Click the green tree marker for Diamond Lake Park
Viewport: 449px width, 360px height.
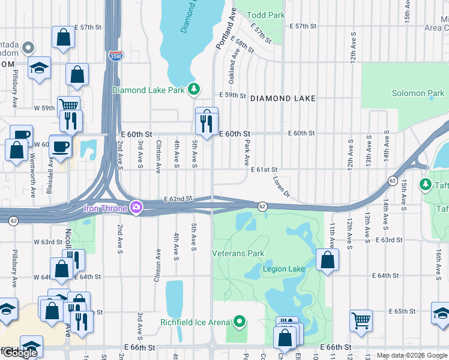tap(193, 89)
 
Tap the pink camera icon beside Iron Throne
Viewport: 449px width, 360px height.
tap(136, 208)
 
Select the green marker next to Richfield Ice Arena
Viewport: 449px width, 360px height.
tap(240, 322)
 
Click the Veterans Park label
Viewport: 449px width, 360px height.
tap(238, 253)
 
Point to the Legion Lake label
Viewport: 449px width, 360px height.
tap(283, 269)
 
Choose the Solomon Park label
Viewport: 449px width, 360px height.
tap(418, 93)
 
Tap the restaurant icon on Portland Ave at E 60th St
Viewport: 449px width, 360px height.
tap(206, 123)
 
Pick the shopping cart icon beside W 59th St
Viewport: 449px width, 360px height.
tap(68, 105)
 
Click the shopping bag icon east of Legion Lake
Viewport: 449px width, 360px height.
tap(327, 260)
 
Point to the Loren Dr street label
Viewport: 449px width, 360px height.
tap(281, 187)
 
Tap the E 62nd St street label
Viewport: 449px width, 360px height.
tap(178, 199)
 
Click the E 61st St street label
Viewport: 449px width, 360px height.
tap(264, 170)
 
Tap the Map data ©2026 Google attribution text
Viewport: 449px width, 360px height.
tap(411, 356)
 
